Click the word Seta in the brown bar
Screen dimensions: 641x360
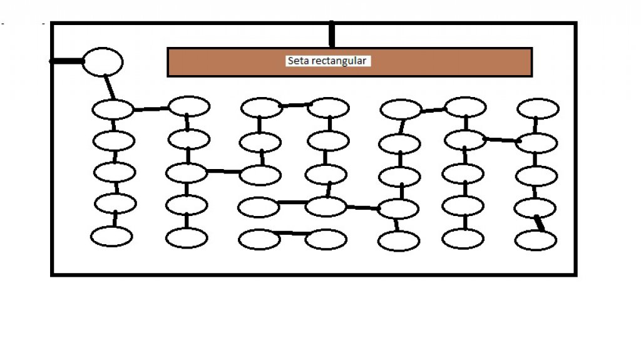[295, 61]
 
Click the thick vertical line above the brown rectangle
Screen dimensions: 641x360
[332, 34]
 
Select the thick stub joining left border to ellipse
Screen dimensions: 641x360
[66, 61]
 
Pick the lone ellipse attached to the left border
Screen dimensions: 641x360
[103, 62]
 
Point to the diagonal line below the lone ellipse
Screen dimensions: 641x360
[109, 87]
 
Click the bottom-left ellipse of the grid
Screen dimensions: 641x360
[111, 237]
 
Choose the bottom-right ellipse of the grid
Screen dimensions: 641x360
[536, 240]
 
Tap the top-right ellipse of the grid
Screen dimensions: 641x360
[538, 109]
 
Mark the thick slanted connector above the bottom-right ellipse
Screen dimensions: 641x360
[540, 224]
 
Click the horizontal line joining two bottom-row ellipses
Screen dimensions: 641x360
[292, 233]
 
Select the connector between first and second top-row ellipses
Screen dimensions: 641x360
[151, 109]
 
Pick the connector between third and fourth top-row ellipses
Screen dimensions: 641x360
[295, 106]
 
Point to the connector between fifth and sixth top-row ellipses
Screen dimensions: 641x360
[433, 110]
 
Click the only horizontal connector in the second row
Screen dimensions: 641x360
[502, 140]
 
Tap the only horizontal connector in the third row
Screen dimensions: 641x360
[223, 171]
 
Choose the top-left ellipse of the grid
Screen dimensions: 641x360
[113, 110]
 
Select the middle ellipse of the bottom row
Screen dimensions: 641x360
[326, 239]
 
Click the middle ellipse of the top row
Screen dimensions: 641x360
[328, 108]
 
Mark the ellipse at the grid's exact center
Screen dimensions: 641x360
[326, 175]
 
